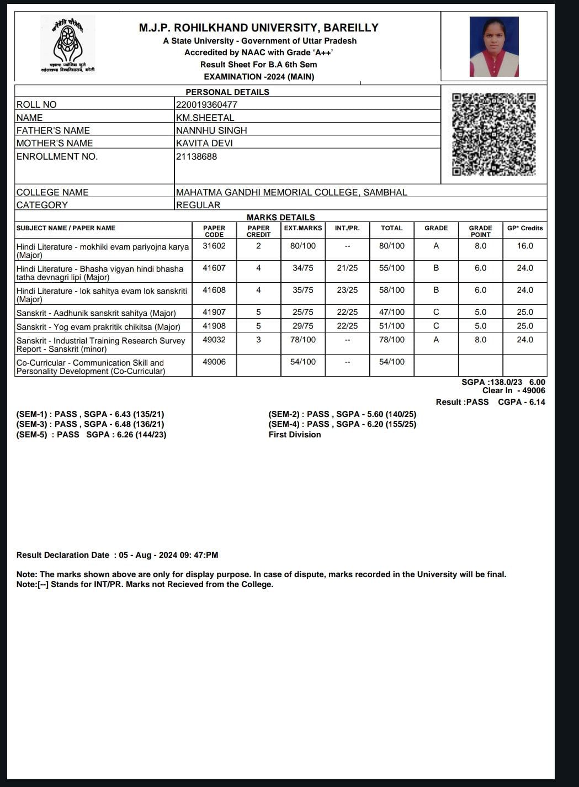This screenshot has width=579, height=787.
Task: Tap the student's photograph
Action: pyautogui.click(x=493, y=46)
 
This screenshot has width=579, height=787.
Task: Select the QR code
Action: pyautogui.click(x=493, y=134)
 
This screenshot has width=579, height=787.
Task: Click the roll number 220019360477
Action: pyautogui.click(x=206, y=104)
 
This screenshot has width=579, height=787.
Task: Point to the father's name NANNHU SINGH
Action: pyautogui.click(x=211, y=130)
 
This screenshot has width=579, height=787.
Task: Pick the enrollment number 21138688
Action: pyautogui.click(x=196, y=156)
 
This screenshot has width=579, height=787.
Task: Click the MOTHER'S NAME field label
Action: pyautogui.click(x=55, y=143)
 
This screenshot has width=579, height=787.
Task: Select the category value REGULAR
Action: pyautogui.click(x=198, y=205)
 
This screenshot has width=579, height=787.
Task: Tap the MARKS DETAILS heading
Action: pyautogui.click(x=280, y=217)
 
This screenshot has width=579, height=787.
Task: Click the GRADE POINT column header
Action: pyautogui.click(x=480, y=231)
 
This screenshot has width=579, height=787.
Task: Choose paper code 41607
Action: pyautogui.click(x=214, y=268)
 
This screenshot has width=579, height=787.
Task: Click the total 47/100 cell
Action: pyautogui.click(x=391, y=312)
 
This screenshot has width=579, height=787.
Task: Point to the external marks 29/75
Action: pyautogui.click(x=302, y=326)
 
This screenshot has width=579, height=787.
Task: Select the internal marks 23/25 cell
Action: pyautogui.click(x=347, y=290)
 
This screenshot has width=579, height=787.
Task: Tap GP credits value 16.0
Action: pyautogui.click(x=525, y=246)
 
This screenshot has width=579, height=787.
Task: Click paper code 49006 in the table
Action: pyautogui.click(x=214, y=362)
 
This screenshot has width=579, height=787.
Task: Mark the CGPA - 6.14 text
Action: pyautogui.click(x=521, y=402)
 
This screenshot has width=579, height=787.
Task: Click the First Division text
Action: pyautogui.click(x=295, y=435)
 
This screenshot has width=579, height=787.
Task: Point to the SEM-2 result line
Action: pyautogui.click(x=342, y=414)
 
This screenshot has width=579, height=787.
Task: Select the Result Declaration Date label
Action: pyautogui.click(x=63, y=555)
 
